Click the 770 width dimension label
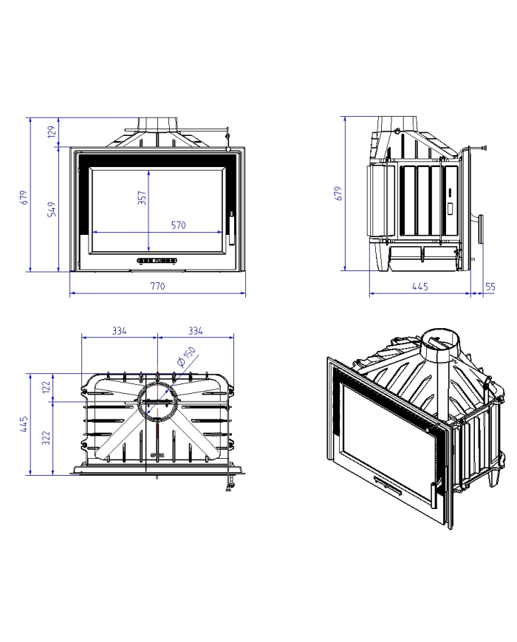click(157, 286)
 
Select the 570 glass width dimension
click(179, 225)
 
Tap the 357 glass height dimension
click(142, 197)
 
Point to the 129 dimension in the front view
click(52, 132)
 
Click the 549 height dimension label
click(52, 209)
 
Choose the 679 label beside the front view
click(24, 197)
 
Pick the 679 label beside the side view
click(338, 194)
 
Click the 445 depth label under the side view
click(420, 286)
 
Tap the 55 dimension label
click(490, 287)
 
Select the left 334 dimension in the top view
click(120, 330)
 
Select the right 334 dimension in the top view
click(196, 330)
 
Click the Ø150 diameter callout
click(187, 356)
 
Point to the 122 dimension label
click(47, 387)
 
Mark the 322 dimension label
click(47, 437)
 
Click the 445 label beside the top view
click(24, 424)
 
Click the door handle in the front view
click(232, 228)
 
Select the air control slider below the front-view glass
click(157, 260)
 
